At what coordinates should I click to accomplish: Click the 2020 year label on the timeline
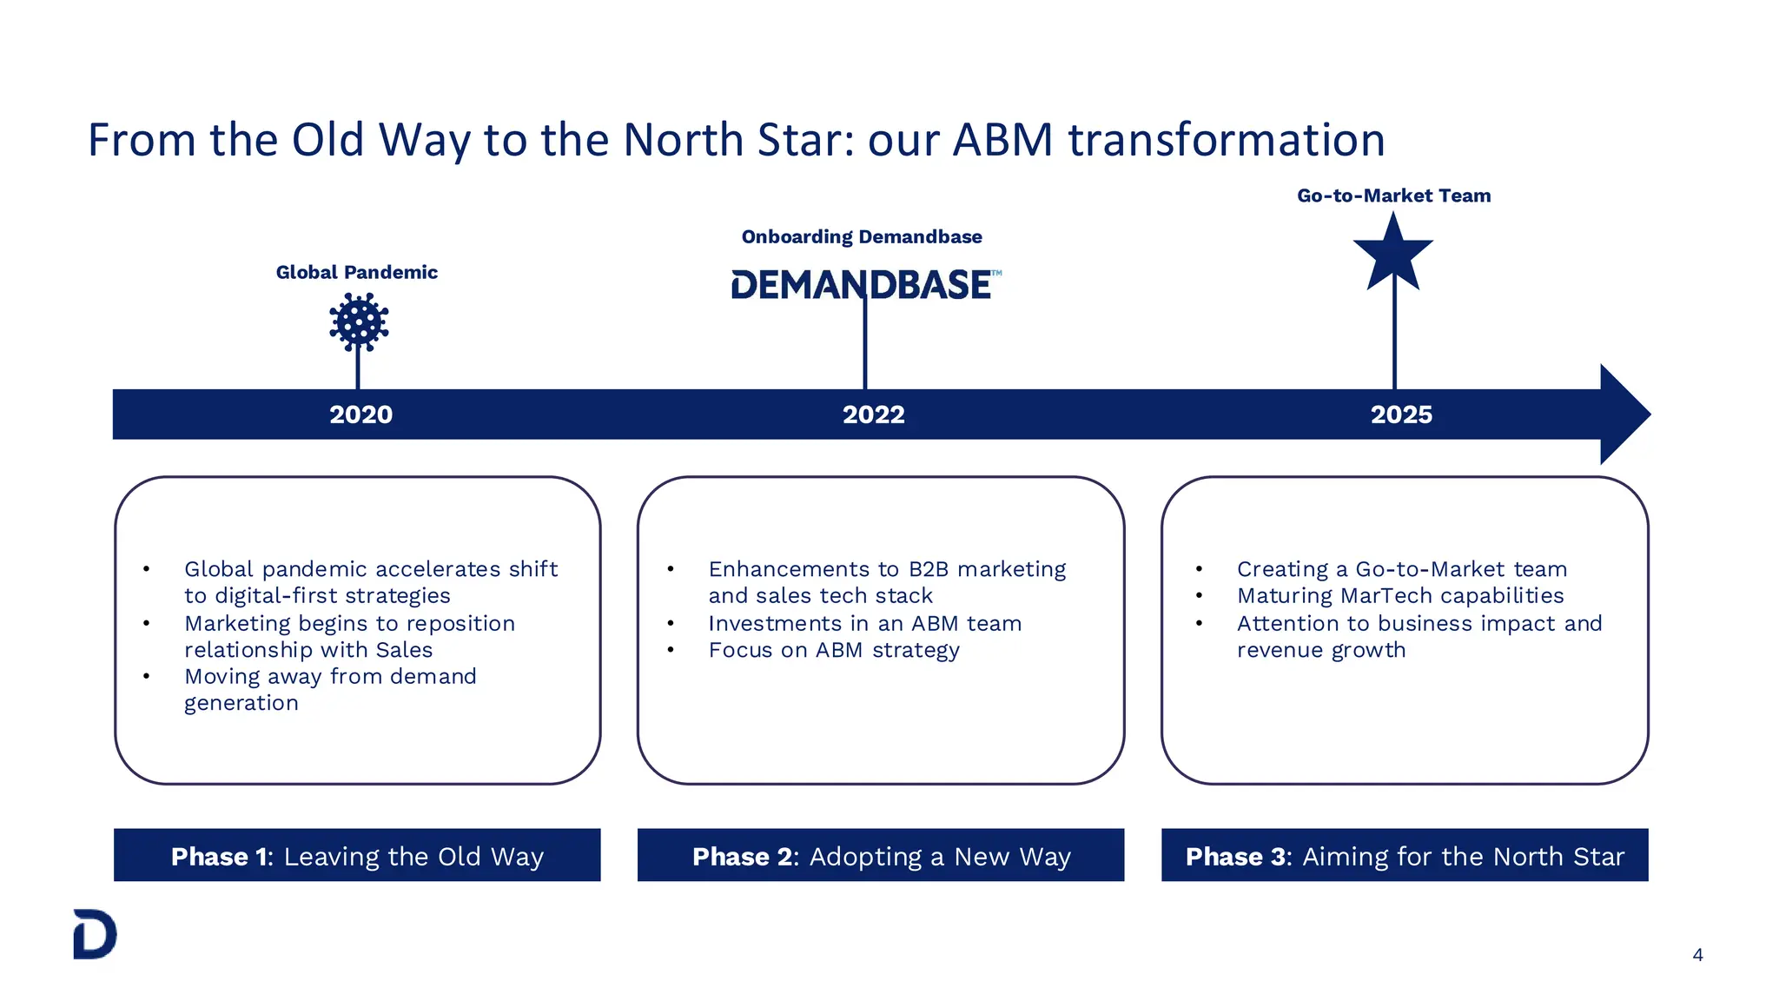[360, 414]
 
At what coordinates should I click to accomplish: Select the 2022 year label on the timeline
[873, 414]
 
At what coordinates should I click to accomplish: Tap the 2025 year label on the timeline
[1401, 414]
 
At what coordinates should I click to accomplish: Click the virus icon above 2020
[359, 322]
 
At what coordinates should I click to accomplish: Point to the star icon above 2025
[1393, 253]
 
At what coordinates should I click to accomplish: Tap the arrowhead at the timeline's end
[1624, 414]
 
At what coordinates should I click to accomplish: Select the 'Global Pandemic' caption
[356, 272]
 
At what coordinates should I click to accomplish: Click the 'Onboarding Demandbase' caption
[862, 236]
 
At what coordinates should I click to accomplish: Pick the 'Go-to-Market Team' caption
[1393, 196]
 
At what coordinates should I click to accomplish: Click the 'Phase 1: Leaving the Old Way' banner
[357, 856]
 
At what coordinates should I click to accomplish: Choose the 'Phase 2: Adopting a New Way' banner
[881, 856]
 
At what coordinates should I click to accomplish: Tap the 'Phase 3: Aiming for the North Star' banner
[1405, 856]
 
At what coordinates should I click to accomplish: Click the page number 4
[1697, 955]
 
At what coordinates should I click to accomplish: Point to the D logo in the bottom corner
[95, 934]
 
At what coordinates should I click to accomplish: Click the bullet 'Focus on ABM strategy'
[833, 650]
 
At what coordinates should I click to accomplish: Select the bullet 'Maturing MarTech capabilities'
[1399, 595]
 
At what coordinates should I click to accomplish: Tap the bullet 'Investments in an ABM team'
[864, 623]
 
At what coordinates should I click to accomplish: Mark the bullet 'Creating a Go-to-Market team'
[1401, 569]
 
